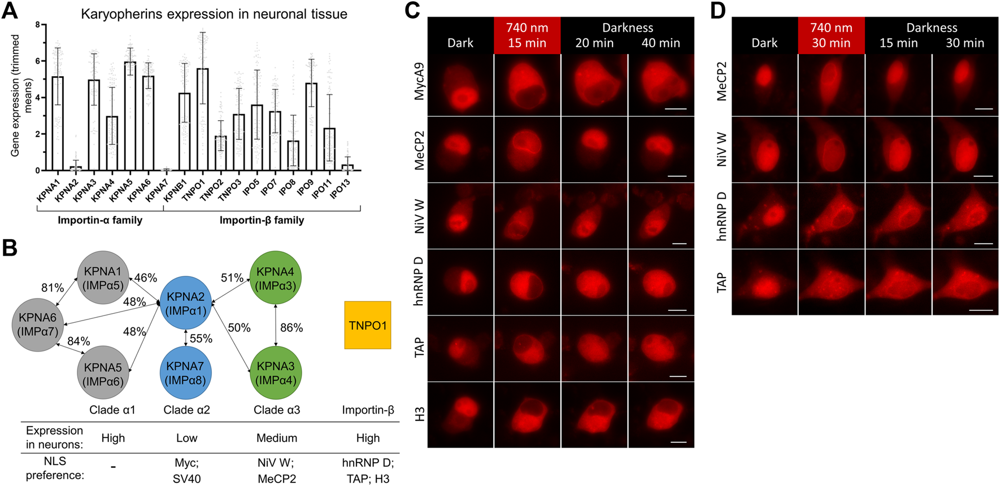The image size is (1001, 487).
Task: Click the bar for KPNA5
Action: pos(130,116)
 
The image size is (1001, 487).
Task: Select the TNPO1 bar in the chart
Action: pos(202,119)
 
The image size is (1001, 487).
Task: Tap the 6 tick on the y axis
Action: pos(37,61)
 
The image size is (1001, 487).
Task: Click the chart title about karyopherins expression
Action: pos(214,14)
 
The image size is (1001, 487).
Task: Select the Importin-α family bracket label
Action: pos(100,220)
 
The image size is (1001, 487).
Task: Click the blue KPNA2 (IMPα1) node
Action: pos(186,302)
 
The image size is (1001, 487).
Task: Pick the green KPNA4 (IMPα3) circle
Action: pos(275,278)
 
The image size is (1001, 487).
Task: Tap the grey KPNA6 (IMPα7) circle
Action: pos(38,324)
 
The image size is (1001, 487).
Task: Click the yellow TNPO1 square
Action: pos(368,325)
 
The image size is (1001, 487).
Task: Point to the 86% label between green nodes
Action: pos(291,328)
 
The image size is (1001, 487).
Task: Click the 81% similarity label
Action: pos(52,288)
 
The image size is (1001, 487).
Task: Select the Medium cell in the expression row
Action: pos(276,438)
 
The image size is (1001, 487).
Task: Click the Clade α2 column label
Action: pos(186,410)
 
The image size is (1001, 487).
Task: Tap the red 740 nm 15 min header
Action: pos(527,35)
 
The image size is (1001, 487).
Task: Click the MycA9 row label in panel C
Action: pos(419,81)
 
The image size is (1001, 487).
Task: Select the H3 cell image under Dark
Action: pos(460,415)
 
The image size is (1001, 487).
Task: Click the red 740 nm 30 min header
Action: pos(831,35)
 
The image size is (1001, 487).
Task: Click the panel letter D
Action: pos(717,11)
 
